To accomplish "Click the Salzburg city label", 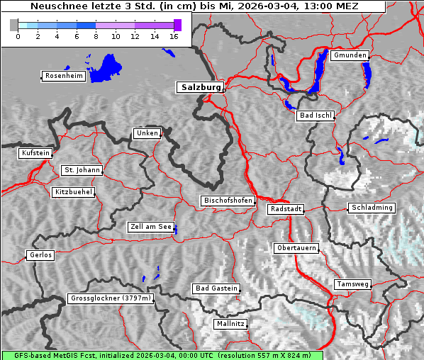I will [199, 87].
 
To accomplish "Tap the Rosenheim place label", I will [63, 76].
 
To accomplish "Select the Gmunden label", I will [350, 55].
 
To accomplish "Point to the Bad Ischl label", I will [316, 116].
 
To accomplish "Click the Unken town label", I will [147, 133].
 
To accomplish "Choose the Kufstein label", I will [35, 153].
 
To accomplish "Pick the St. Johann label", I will [82, 170].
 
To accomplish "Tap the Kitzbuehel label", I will [73, 192].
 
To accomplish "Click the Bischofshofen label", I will [228, 201].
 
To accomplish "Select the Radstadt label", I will [286, 209].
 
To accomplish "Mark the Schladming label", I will [371, 208].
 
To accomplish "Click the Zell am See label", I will [151, 227].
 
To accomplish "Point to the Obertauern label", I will [296, 248].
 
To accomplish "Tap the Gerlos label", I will [40, 255].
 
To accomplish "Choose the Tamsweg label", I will [352, 284].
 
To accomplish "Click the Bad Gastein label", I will [216, 288].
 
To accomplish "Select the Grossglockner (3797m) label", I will [111, 299].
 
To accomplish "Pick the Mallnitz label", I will [230, 324].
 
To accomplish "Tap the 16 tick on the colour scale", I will [173, 36].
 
